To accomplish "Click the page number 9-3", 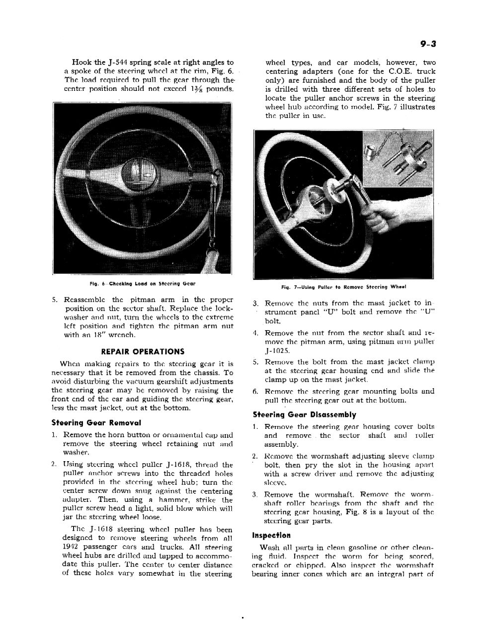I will pos(427,44).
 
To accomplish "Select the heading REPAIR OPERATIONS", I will pos(142,351).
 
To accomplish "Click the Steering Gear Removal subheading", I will pos(96,423).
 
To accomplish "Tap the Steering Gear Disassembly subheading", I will pos(304,415).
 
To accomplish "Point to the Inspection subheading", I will pos(271,536).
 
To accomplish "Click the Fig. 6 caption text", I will pos(142,284).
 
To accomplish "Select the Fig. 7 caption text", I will pos(343,287).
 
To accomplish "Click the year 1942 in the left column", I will pos(73,548).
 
